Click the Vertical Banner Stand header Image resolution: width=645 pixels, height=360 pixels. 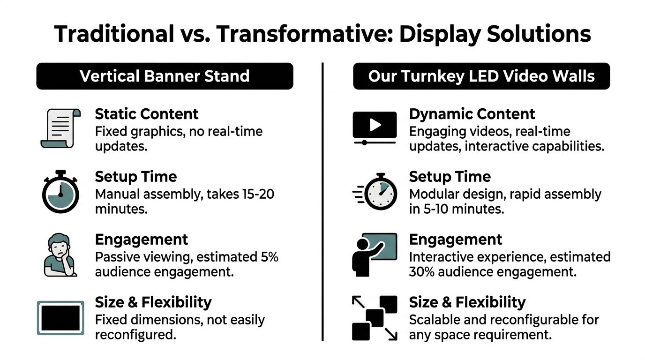click(x=165, y=76)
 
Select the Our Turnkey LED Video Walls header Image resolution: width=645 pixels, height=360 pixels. click(x=481, y=76)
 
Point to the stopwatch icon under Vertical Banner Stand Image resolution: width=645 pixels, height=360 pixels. click(x=60, y=192)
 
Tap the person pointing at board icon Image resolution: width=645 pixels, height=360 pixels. click(x=374, y=255)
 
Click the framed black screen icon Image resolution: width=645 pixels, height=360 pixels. click(x=60, y=318)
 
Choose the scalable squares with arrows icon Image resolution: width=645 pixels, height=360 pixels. click(x=374, y=318)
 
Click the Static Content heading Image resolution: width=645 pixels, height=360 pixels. click(x=147, y=114)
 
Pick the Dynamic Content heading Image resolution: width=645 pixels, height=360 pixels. click(x=472, y=114)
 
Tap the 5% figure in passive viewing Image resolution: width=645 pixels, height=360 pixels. click(x=269, y=257)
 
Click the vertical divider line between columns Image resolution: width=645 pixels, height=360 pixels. click(x=322, y=202)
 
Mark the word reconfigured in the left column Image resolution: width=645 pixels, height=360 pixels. click(x=135, y=335)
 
